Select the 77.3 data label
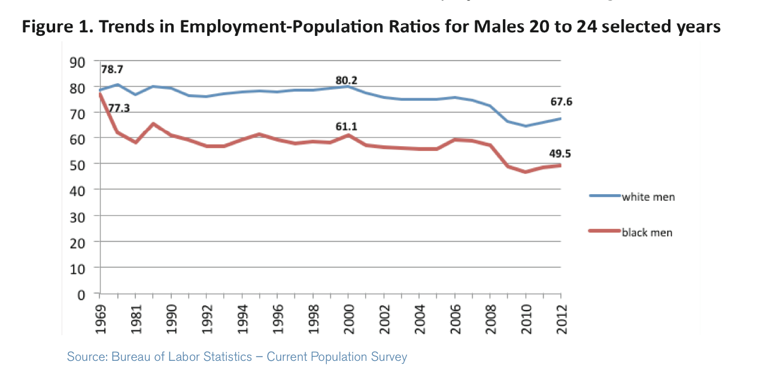click(x=119, y=108)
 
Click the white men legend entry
click(x=648, y=197)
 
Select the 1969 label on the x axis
click(x=99, y=315)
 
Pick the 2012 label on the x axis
click(x=561, y=315)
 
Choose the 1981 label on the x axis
click(x=135, y=315)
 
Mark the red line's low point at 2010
click(x=525, y=172)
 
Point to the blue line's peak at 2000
click(x=348, y=86)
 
